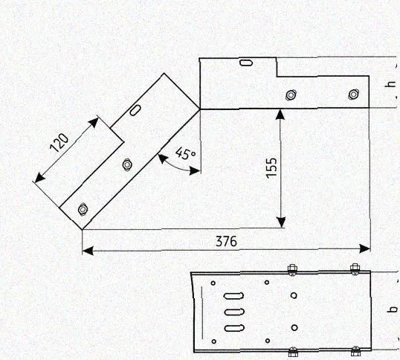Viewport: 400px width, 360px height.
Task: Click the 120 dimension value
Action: tap(59, 142)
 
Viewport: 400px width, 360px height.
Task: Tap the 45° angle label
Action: tap(185, 153)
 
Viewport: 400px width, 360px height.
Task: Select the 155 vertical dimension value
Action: tap(271, 167)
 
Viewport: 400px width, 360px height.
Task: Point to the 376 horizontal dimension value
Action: tap(226, 241)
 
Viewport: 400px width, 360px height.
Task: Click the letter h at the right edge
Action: tap(391, 85)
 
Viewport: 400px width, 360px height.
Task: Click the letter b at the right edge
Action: tap(393, 309)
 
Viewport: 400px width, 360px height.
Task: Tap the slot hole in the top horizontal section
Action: tap(246, 62)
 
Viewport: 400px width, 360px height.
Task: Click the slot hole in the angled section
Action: tap(135, 110)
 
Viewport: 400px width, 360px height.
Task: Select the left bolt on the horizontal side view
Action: tap(291, 95)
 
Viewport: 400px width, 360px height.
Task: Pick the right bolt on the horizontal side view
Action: tap(354, 94)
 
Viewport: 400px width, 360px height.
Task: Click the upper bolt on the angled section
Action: tap(127, 164)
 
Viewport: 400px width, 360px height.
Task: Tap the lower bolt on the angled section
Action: tap(83, 209)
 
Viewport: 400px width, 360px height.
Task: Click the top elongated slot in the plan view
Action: tap(233, 296)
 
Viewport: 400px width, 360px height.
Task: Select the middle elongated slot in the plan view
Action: tap(234, 312)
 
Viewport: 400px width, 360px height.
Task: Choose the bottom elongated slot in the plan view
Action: tap(234, 328)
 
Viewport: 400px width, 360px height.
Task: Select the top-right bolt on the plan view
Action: tap(355, 270)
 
